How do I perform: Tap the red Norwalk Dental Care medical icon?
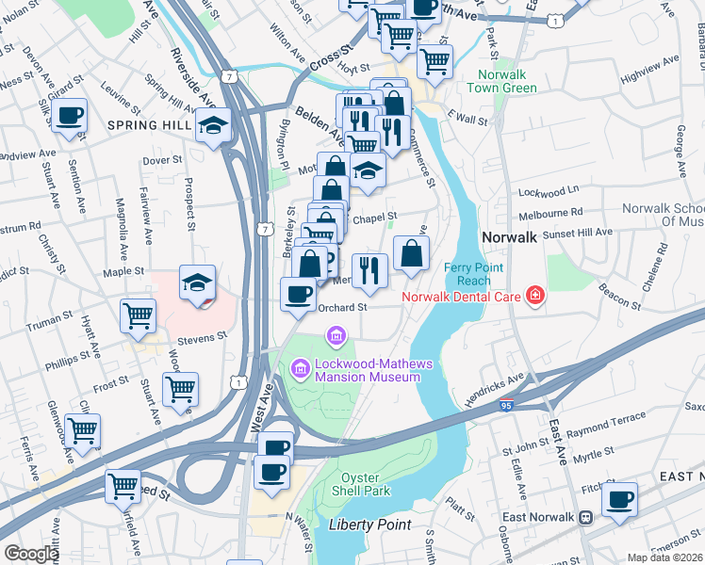(x=535, y=297)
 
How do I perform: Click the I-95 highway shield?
(x=507, y=407)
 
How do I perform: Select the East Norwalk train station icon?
(x=585, y=517)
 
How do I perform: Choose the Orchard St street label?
(x=342, y=307)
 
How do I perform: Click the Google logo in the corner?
(x=31, y=553)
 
